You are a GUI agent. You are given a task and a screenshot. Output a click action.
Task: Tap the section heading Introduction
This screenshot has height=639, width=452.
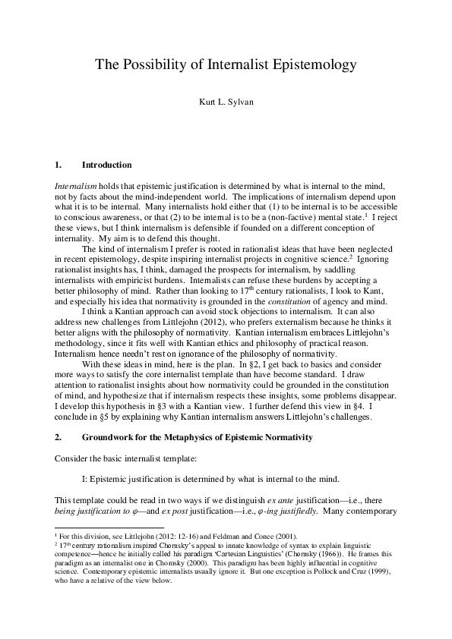(106, 165)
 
